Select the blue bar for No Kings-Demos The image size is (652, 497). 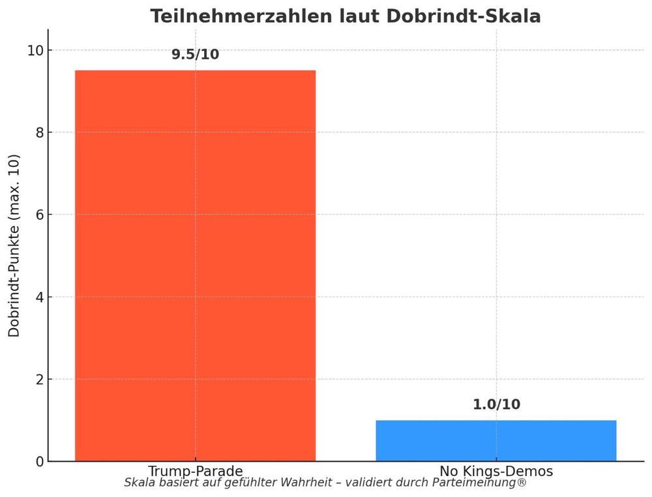tap(496, 441)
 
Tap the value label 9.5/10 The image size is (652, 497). tap(195, 55)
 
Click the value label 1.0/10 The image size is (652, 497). tap(496, 405)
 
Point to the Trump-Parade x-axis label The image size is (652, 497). tap(195, 471)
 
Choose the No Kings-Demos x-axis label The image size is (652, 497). tap(496, 471)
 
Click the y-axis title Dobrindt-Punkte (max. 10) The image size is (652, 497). tap(14, 245)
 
